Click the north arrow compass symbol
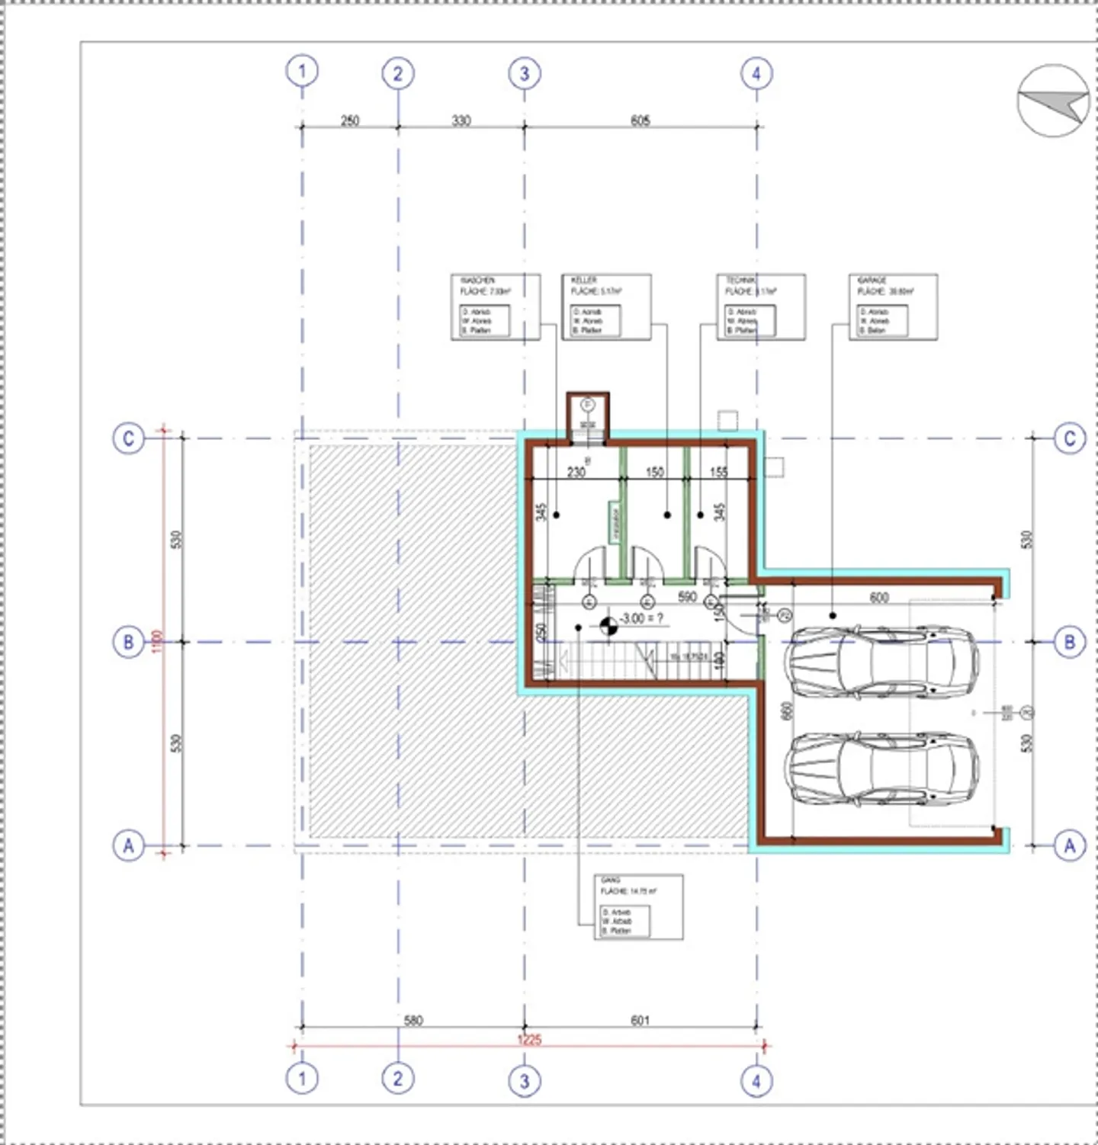point(1053,101)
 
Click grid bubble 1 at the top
point(302,71)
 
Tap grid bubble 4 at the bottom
point(756,1080)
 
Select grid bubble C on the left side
point(128,438)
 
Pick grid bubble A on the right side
point(1069,845)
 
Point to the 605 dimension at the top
point(640,120)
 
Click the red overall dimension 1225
point(528,1040)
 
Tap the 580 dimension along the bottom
point(413,1020)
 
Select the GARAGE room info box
point(892,306)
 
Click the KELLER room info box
point(606,306)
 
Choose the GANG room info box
point(638,906)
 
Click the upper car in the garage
point(882,662)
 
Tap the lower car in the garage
point(882,768)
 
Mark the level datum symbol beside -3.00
point(608,627)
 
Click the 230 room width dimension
point(576,472)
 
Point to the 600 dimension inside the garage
point(878,598)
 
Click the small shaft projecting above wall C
point(587,416)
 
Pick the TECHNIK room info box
point(760,306)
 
